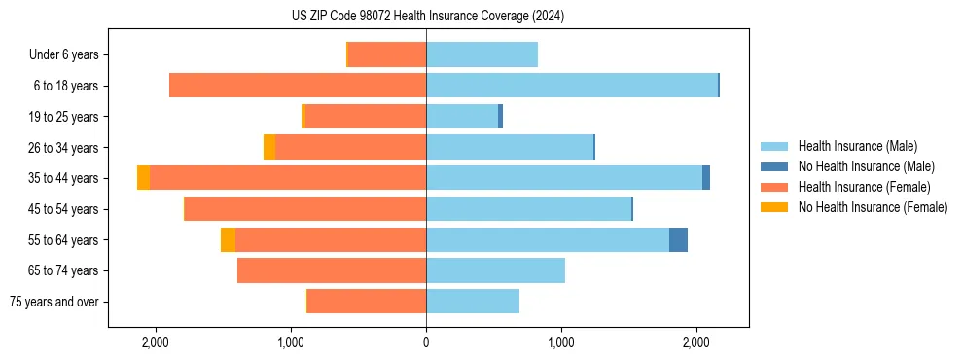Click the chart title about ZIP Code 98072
point(427,16)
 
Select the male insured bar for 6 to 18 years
point(571,86)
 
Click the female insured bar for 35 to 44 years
point(288,178)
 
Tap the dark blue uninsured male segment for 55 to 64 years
point(678,240)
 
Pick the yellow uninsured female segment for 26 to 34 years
point(269,147)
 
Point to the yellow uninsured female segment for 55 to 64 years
point(228,240)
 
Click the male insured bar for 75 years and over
point(473,302)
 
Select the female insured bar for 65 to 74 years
point(332,270)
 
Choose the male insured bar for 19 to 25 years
point(462,117)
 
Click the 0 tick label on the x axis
point(426,343)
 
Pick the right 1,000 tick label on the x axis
point(561,343)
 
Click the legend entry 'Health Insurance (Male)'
point(857,146)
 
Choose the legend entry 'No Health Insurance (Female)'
point(873,207)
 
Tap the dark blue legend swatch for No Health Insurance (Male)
point(774,166)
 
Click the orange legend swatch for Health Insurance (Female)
point(774,187)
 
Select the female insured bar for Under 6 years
point(387,55)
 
